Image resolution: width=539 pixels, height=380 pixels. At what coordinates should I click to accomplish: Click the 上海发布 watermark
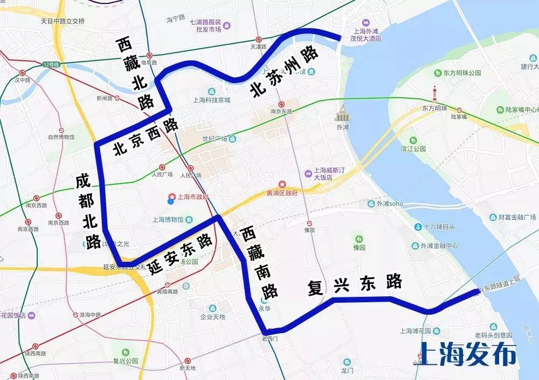tap(467, 355)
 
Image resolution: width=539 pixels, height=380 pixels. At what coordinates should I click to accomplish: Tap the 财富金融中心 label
tap(512, 218)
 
